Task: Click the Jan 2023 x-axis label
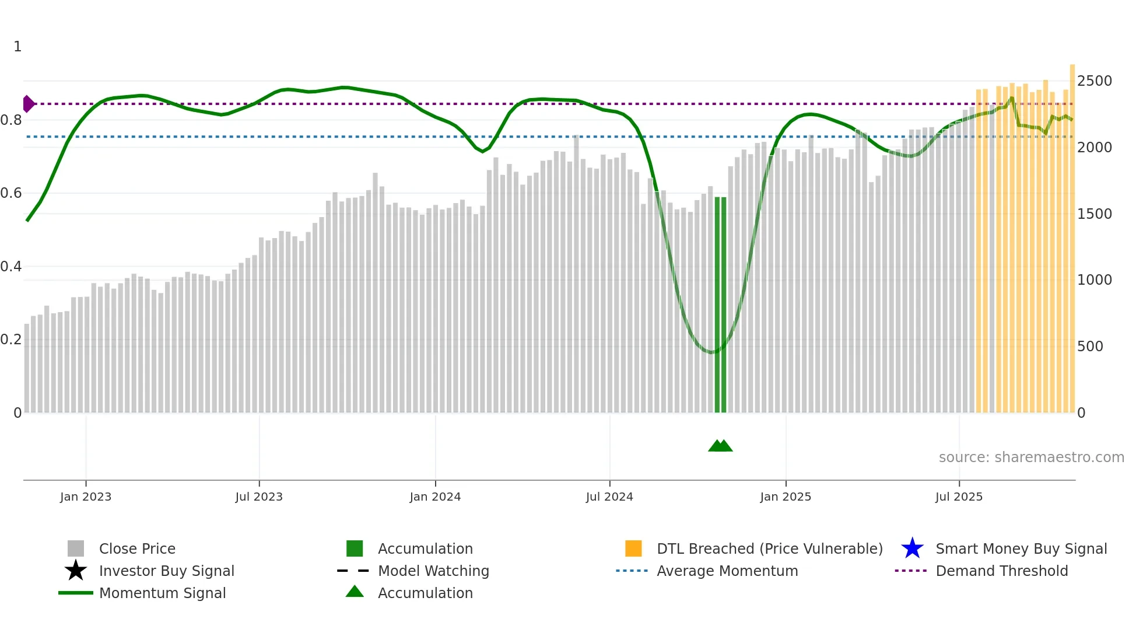[x=86, y=497]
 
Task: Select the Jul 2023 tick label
[x=259, y=497]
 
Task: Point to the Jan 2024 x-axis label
[x=435, y=497]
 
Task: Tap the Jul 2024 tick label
[x=609, y=497]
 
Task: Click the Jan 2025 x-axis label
[x=786, y=497]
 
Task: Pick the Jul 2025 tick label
[x=959, y=497]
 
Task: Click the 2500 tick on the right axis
[x=1095, y=81]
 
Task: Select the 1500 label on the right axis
[x=1095, y=214]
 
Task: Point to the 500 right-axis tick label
[x=1090, y=347]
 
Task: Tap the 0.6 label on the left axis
[x=11, y=193]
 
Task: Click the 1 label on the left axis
[x=17, y=47]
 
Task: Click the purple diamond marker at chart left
[x=28, y=104]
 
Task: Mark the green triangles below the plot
[x=720, y=446]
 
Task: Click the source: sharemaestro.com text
[x=1031, y=457]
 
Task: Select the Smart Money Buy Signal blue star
[x=912, y=548]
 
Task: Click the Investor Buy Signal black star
[x=76, y=571]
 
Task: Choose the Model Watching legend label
[x=433, y=571]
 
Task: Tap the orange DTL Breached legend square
[x=633, y=548]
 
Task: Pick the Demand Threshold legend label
[x=1001, y=571]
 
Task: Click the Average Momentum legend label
[x=727, y=571]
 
